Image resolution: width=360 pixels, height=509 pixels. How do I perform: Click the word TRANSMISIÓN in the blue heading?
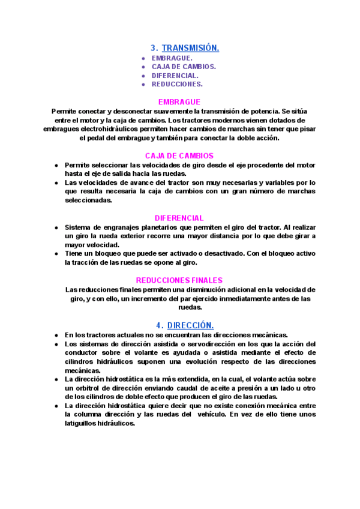(190, 47)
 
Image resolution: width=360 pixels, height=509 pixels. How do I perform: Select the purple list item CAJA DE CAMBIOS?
(184, 67)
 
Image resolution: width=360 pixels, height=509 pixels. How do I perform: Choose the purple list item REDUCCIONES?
(177, 84)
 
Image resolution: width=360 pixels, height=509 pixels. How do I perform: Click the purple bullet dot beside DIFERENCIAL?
(143, 76)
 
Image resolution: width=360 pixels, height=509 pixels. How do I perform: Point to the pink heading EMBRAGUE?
(179, 102)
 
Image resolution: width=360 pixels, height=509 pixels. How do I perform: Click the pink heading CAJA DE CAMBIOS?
(179, 156)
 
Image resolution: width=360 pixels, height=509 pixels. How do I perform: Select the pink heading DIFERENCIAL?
(179, 218)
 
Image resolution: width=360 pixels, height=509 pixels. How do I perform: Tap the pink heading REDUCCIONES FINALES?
(179, 280)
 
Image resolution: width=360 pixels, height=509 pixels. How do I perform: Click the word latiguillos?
(83, 423)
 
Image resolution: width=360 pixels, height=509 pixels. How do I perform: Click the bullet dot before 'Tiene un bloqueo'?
(56, 254)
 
